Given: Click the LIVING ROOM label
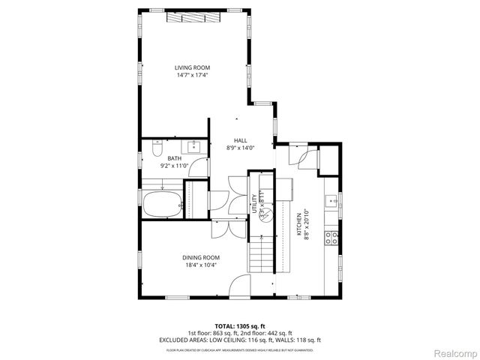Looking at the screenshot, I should pyautogui.click(x=193, y=67).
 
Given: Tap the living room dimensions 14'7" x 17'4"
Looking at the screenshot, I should pyautogui.click(x=193, y=75).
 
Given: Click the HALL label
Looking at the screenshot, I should pyautogui.click(x=241, y=140).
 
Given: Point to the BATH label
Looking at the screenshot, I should pyautogui.click(x=174, y=158).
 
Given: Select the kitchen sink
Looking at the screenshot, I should pyautogui.click(x=331, y=201).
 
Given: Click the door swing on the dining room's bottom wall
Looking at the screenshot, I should pyautogui.click(x=240, y=286).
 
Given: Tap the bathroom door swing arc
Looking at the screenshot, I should pyautogui.click(x=198, y=168).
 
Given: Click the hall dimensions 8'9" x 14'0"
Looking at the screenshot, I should pyautogui.click(x=241, y=148).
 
